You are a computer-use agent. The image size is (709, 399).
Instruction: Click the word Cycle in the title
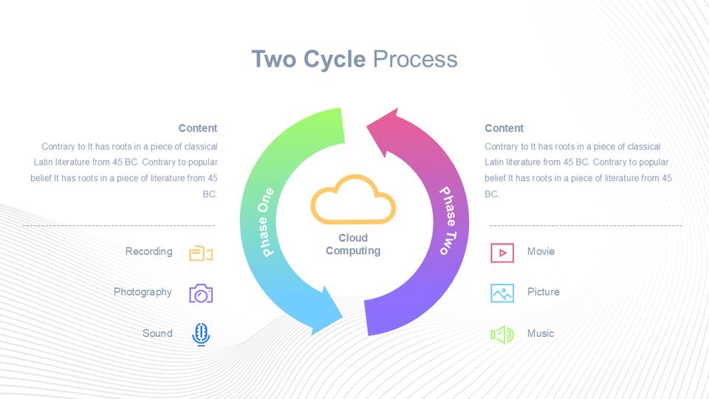(x=334, y=60)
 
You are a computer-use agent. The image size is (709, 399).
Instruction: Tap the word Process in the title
(x=415, y=59)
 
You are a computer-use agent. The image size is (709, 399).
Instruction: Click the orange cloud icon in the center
(x=353, y=199)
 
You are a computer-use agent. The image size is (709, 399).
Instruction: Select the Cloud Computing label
(x=353, y=245)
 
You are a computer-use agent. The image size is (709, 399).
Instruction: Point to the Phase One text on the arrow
(x=266, y=222)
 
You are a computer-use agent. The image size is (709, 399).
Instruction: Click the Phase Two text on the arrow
(x=448, y=220)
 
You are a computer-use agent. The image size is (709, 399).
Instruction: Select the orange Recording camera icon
(x=201, y=253)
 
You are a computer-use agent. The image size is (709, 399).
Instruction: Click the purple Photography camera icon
(x=201, y=293)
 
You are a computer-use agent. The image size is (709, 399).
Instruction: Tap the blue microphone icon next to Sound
(x=201, y=335)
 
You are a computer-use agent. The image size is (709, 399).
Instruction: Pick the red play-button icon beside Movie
(x=502, y=253)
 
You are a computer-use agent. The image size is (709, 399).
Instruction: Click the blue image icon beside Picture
(x=502, y=293)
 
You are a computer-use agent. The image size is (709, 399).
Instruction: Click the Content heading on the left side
(x=198, y=129)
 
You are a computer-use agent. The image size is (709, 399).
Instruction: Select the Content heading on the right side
(x=504, y=129)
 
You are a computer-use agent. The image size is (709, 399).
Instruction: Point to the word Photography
(x=143, y=293)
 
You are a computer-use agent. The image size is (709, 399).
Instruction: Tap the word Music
(x=541, y=333)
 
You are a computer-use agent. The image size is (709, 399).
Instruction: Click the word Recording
(x=148, y=252)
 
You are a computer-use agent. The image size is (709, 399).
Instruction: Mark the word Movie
(x=541, y=251)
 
